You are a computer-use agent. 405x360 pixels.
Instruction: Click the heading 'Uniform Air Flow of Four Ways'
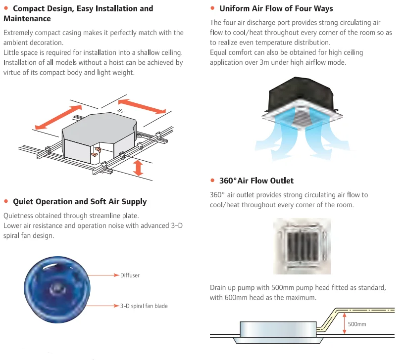click(276, 8)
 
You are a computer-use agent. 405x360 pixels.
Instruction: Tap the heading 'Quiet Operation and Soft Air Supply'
click(80, 201)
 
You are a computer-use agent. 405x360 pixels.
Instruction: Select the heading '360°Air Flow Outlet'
click(256, 180)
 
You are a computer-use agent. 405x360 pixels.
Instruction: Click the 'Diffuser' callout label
click(130, 275)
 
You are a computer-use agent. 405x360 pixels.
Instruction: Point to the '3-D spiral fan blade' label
click(144, 306)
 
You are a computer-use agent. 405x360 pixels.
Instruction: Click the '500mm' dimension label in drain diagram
click(356, 324)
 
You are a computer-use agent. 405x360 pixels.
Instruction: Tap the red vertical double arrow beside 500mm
click(345, 323)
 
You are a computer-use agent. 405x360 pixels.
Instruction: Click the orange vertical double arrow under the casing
click(139, 167)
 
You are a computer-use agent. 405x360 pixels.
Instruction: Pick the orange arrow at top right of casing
click(141, 105)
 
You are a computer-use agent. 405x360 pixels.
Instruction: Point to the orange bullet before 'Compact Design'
click(6, 8)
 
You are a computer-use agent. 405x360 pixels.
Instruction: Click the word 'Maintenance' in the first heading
click(27, 18)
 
